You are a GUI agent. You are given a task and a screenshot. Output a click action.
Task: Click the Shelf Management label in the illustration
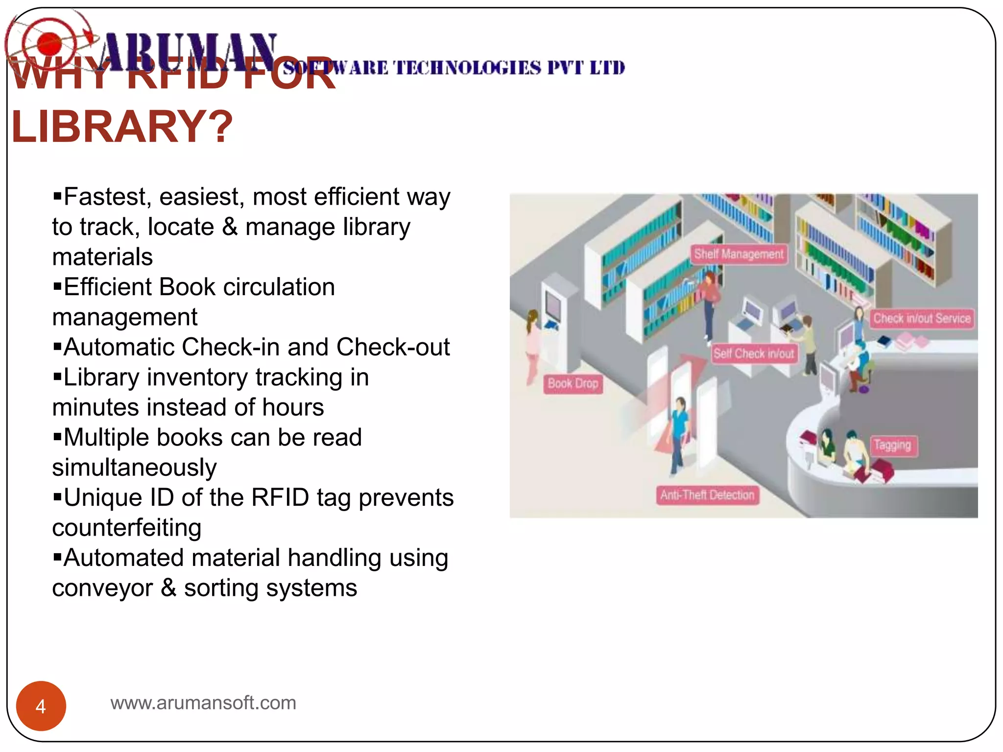tap(739, 254)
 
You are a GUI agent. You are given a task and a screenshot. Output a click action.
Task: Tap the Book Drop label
tap(573, 383)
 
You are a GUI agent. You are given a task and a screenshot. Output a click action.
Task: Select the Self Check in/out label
tap(754, 353)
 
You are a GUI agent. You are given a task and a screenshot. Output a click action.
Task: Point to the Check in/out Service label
tap(922, 319)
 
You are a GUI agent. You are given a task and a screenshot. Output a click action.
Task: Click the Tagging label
tap(892, 445)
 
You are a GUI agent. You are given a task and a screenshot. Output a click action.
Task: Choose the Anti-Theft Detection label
tap(707, 495)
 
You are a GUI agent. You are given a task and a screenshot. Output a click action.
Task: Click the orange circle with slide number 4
tap(41, 706)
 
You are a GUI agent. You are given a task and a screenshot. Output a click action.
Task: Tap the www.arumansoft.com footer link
tap(203, 703)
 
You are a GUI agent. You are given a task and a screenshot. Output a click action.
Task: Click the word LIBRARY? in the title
tap(122, 127)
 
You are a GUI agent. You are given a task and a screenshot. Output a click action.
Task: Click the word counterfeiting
tap(127, 528)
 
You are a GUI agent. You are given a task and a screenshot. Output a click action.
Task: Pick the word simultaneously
tap(134, 468)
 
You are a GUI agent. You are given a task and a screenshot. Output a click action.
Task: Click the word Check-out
tap(393, 347)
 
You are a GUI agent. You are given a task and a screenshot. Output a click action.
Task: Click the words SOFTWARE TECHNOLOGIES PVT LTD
tap(453, 68)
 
